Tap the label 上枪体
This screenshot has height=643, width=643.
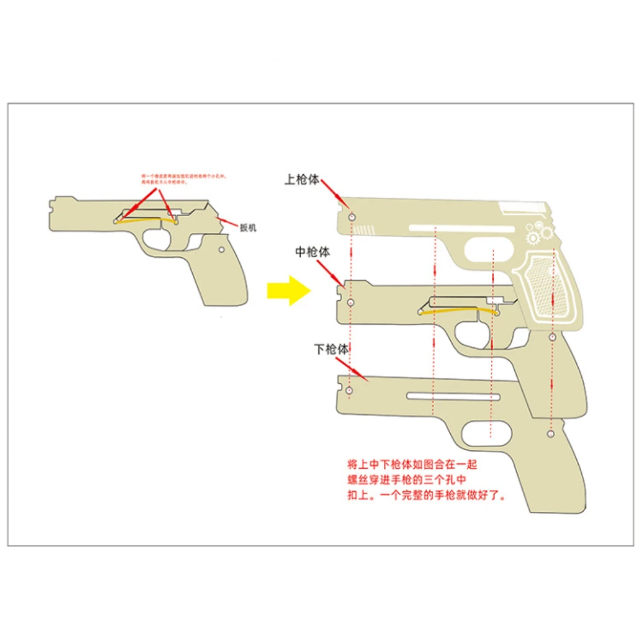(x=302, y=181)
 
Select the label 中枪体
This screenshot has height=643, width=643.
(x=312, y=253)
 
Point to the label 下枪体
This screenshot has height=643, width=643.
(x=331, y=350)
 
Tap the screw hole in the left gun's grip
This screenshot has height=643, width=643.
(x=221, y=248)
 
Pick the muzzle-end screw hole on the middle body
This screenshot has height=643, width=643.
(x=350, y=302)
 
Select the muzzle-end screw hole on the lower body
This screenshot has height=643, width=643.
(x=350, y=390)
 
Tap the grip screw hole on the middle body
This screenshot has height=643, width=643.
(x=552, y=336)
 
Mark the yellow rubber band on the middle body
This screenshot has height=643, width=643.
(x=458, y=311)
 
